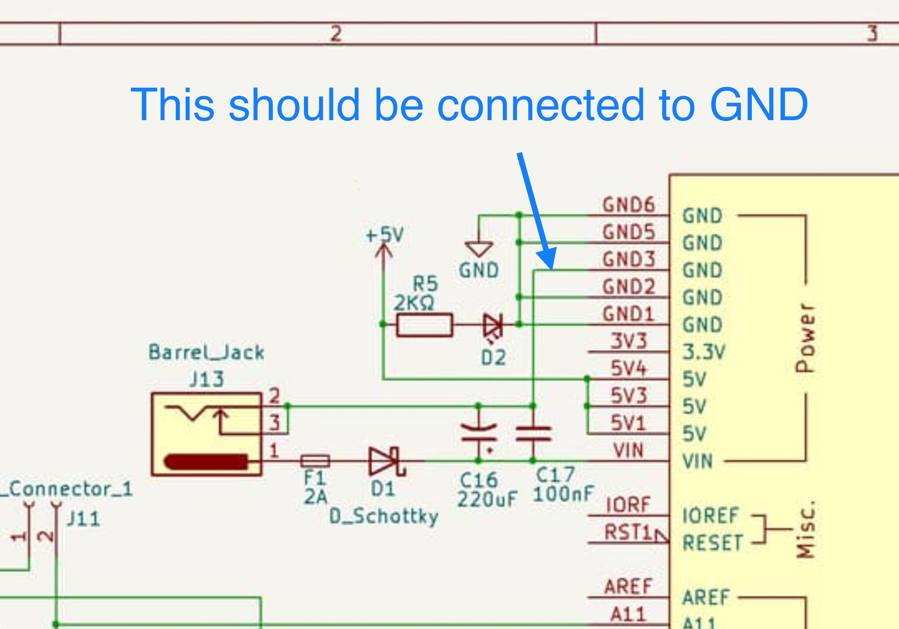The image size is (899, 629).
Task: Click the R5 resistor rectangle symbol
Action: (424, 325)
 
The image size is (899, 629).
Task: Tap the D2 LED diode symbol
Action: (493, 325)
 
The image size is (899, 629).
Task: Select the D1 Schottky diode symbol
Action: (386, 461)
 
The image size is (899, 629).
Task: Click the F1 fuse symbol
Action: (315, 461)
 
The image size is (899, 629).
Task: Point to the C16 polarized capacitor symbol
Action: (479, 433)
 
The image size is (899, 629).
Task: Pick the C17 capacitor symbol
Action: (533, 433)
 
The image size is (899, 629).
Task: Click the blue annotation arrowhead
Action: (548, 259)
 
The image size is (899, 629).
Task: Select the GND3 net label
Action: (629, 259)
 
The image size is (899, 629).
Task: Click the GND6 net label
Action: (629, 205)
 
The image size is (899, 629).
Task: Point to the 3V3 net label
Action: (629, 341)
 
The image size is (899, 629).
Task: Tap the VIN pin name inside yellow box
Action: (697, 461)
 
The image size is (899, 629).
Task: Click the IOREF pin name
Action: (710, 516)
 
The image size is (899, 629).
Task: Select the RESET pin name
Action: (713, 543)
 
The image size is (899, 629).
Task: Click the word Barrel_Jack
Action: (207, 352)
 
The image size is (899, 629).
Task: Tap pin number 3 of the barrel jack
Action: (274, 423)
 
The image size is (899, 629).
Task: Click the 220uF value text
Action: (487, 499)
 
